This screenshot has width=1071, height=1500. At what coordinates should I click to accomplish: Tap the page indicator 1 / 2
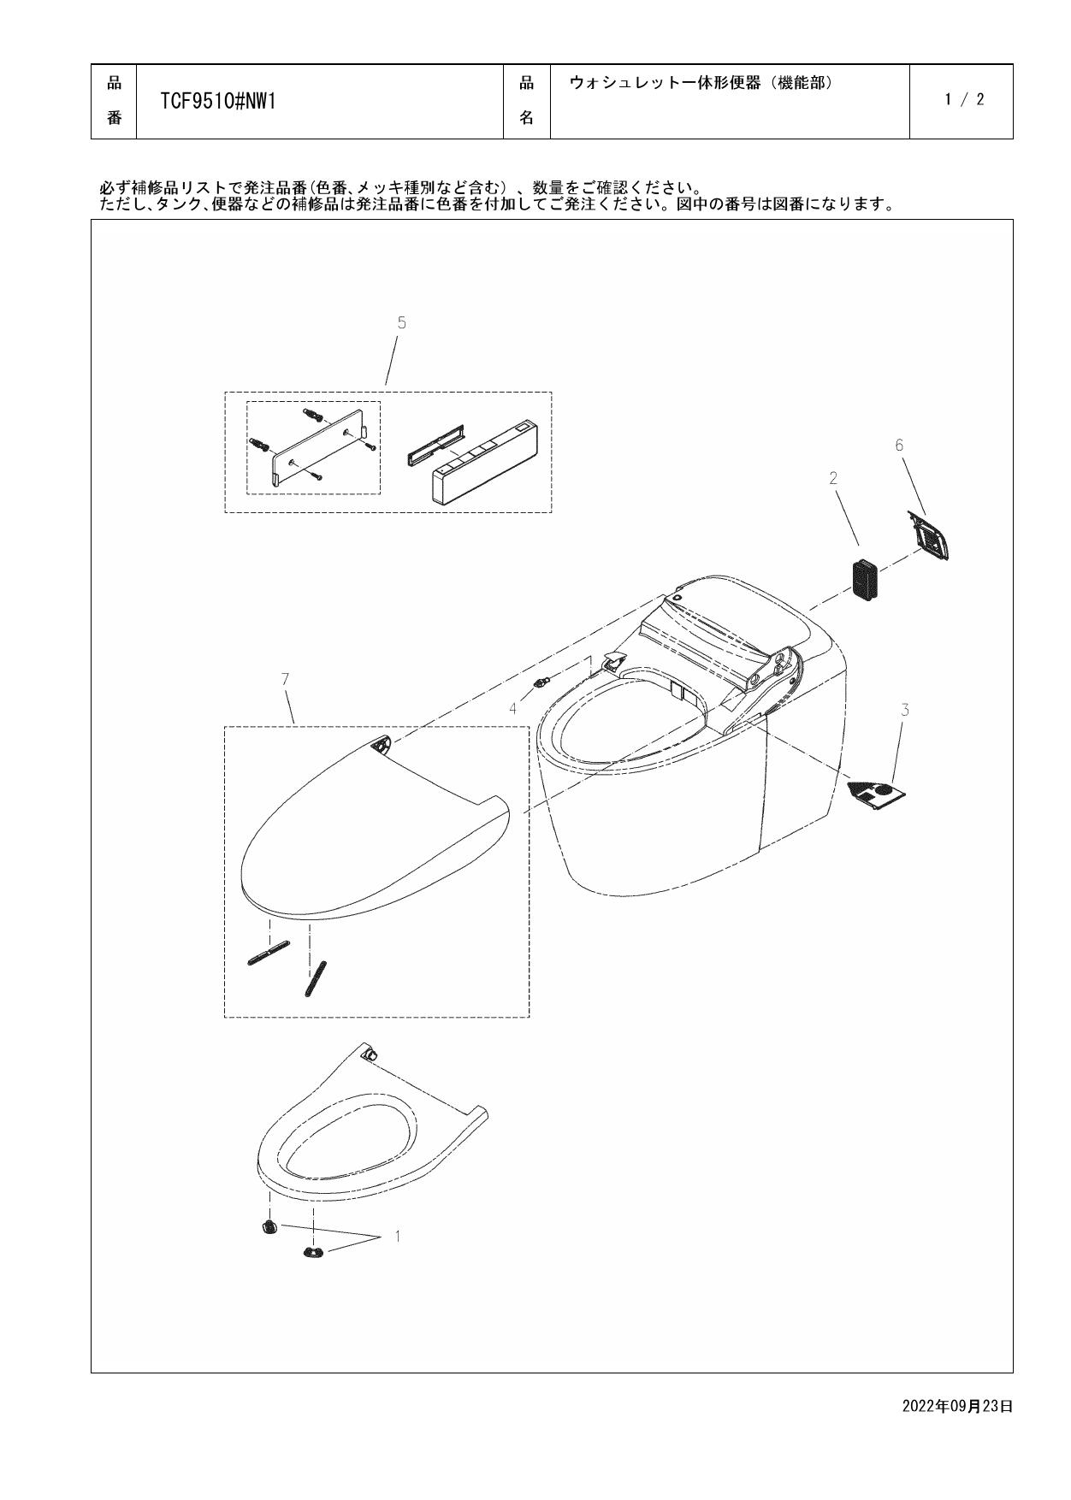(964, 100)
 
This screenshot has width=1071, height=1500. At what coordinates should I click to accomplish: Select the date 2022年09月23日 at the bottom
(957, 1406)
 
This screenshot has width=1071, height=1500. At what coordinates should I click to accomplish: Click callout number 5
(401, 322)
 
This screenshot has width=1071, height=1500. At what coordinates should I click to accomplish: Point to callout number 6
(899, 445)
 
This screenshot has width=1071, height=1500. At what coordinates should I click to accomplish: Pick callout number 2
(833, 479)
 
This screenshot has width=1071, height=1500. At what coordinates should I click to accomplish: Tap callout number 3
(904, 710)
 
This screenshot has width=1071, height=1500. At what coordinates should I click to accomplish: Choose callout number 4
(513, 708)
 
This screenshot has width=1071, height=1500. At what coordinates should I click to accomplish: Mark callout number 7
(285, 679)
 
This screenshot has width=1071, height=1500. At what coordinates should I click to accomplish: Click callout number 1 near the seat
(397, 1236)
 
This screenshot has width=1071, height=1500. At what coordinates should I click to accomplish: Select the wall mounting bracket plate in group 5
(321, 451)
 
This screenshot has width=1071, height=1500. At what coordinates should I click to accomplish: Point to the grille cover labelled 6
(930, 535)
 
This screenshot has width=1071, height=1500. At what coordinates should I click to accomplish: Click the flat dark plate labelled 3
(876, 794)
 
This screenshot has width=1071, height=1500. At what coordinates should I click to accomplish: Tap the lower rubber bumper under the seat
(311, 1253)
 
